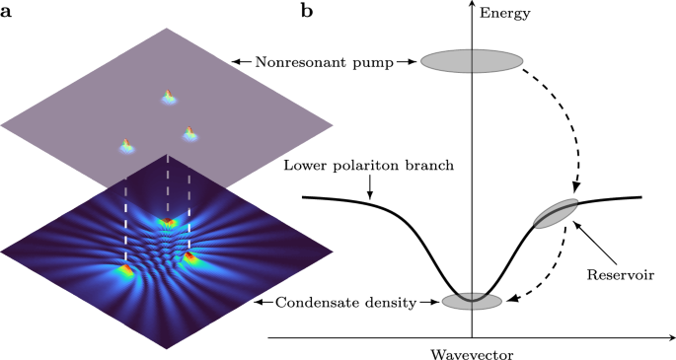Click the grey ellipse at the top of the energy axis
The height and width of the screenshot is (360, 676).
pyautogui.click(x=472, y=60)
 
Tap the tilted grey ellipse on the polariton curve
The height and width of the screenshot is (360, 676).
pyautogui.click(x=557, y=213)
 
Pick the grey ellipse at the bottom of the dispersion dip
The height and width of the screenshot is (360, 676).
pyautogui.click(x=472, y=301)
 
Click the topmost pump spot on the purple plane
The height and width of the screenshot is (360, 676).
pyautogui.click(x=168, y=97)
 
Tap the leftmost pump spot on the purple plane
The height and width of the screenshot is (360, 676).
pyautogui.click(x=126, y=146)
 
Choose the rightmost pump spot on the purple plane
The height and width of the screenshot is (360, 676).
pyautogui.click(x=188, y=133)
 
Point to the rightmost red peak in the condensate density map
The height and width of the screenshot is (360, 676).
pyautogui.click(x=188, y=258)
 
